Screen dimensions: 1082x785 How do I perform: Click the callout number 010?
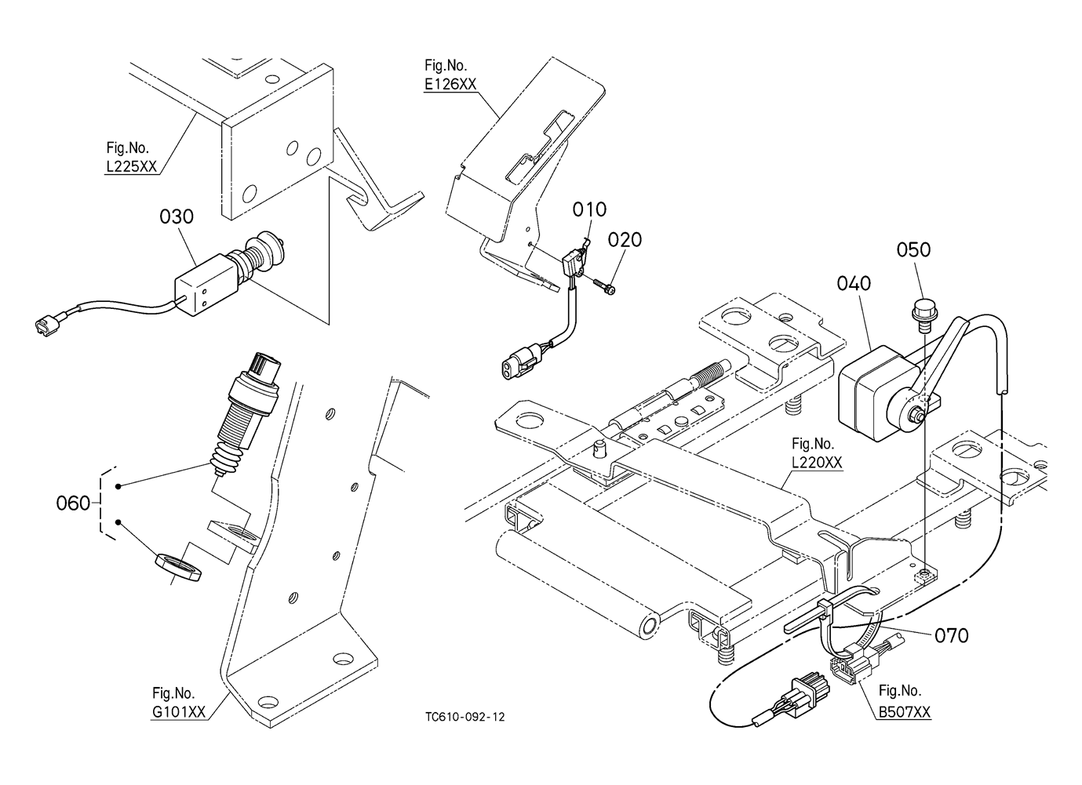(589, 209)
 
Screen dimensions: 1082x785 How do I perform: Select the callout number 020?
(625, 239)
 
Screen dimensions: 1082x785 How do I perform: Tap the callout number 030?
(177, 216)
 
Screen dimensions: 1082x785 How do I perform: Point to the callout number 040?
(854, 283)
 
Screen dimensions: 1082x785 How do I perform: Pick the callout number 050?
(913, 249)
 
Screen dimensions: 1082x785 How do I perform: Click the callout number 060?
(74, 503)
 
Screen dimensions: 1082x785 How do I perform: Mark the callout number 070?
(952, 636)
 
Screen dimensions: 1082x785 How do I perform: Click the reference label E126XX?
(450, 85)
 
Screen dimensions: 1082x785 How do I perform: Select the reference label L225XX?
(131, 166)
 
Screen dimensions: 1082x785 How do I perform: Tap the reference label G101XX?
(179, 712)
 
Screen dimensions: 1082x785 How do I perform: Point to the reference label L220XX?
(817, 463)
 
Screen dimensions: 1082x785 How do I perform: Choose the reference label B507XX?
(904, 712)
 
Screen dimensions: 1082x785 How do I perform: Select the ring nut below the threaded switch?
(178, 569)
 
